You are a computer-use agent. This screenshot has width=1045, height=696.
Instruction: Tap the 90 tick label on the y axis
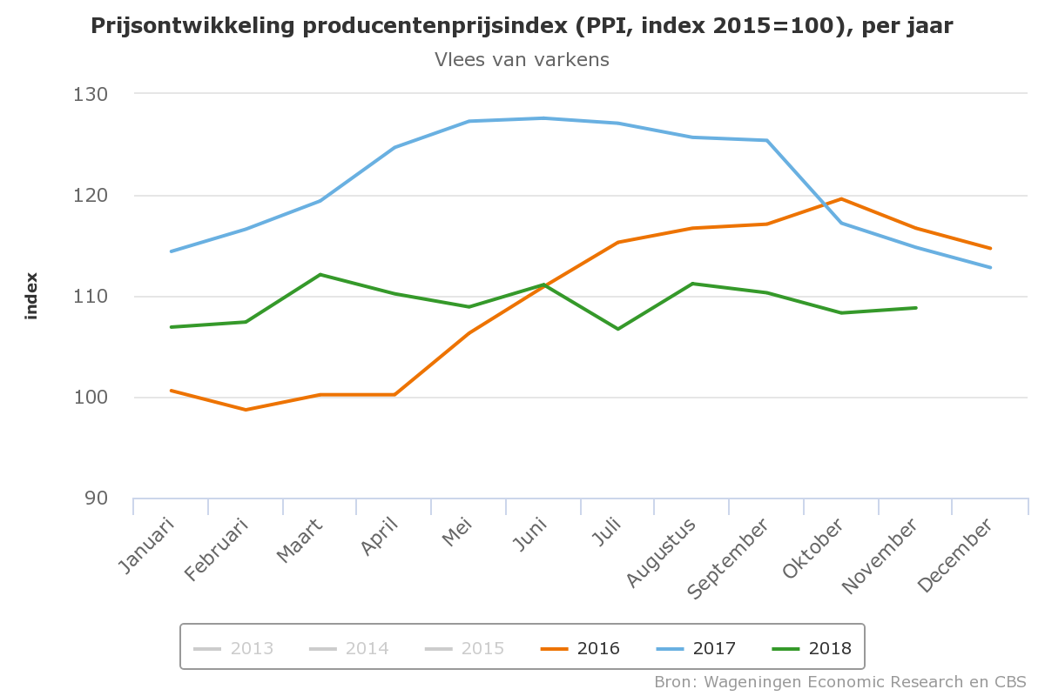point(95,499)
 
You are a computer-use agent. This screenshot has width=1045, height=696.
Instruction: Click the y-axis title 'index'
point(32,296)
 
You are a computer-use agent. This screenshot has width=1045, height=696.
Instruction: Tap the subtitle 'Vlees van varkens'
point(522,59)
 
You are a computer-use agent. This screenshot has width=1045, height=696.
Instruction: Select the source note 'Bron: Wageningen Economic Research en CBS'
point(840,681)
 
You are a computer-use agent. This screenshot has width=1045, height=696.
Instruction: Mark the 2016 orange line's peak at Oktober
point(841,199)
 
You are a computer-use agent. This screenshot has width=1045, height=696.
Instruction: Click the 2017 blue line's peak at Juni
point(544,118)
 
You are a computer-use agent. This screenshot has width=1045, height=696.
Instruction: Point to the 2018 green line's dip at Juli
point(618,329)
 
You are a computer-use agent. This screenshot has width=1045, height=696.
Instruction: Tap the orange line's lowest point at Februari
point(246,410)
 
